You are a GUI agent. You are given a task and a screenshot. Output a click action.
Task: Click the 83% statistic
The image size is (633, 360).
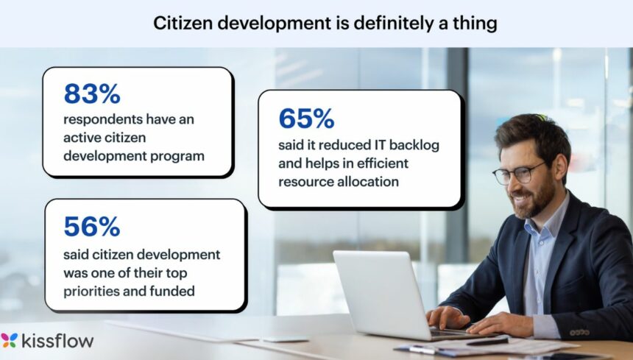[92, 93]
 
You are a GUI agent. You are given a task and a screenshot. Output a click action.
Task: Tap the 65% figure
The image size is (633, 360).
[306, 118]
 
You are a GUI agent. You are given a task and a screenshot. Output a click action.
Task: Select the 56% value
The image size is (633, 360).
[92, 227]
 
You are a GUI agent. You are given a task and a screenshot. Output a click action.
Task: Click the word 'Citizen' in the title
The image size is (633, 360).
[180, 24]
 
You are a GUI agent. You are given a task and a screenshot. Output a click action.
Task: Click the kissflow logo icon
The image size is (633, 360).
[10, 340]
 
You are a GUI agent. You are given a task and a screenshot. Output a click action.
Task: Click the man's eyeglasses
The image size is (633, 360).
[519, 173]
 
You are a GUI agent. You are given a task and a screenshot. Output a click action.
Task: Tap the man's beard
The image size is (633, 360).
[536, 201]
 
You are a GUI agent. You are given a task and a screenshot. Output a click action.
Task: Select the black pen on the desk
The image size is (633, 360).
[487, 342]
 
